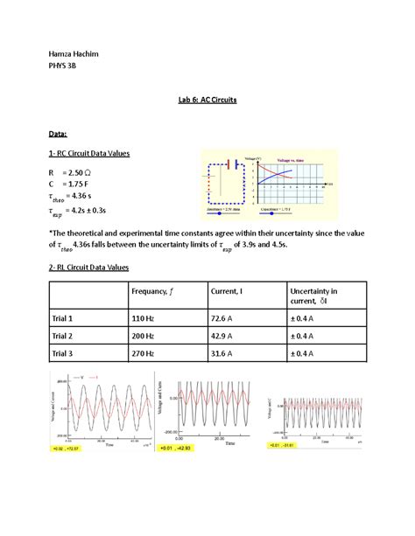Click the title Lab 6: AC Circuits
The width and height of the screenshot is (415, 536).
click(207, 101)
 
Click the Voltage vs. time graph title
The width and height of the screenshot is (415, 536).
click(291, 161)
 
